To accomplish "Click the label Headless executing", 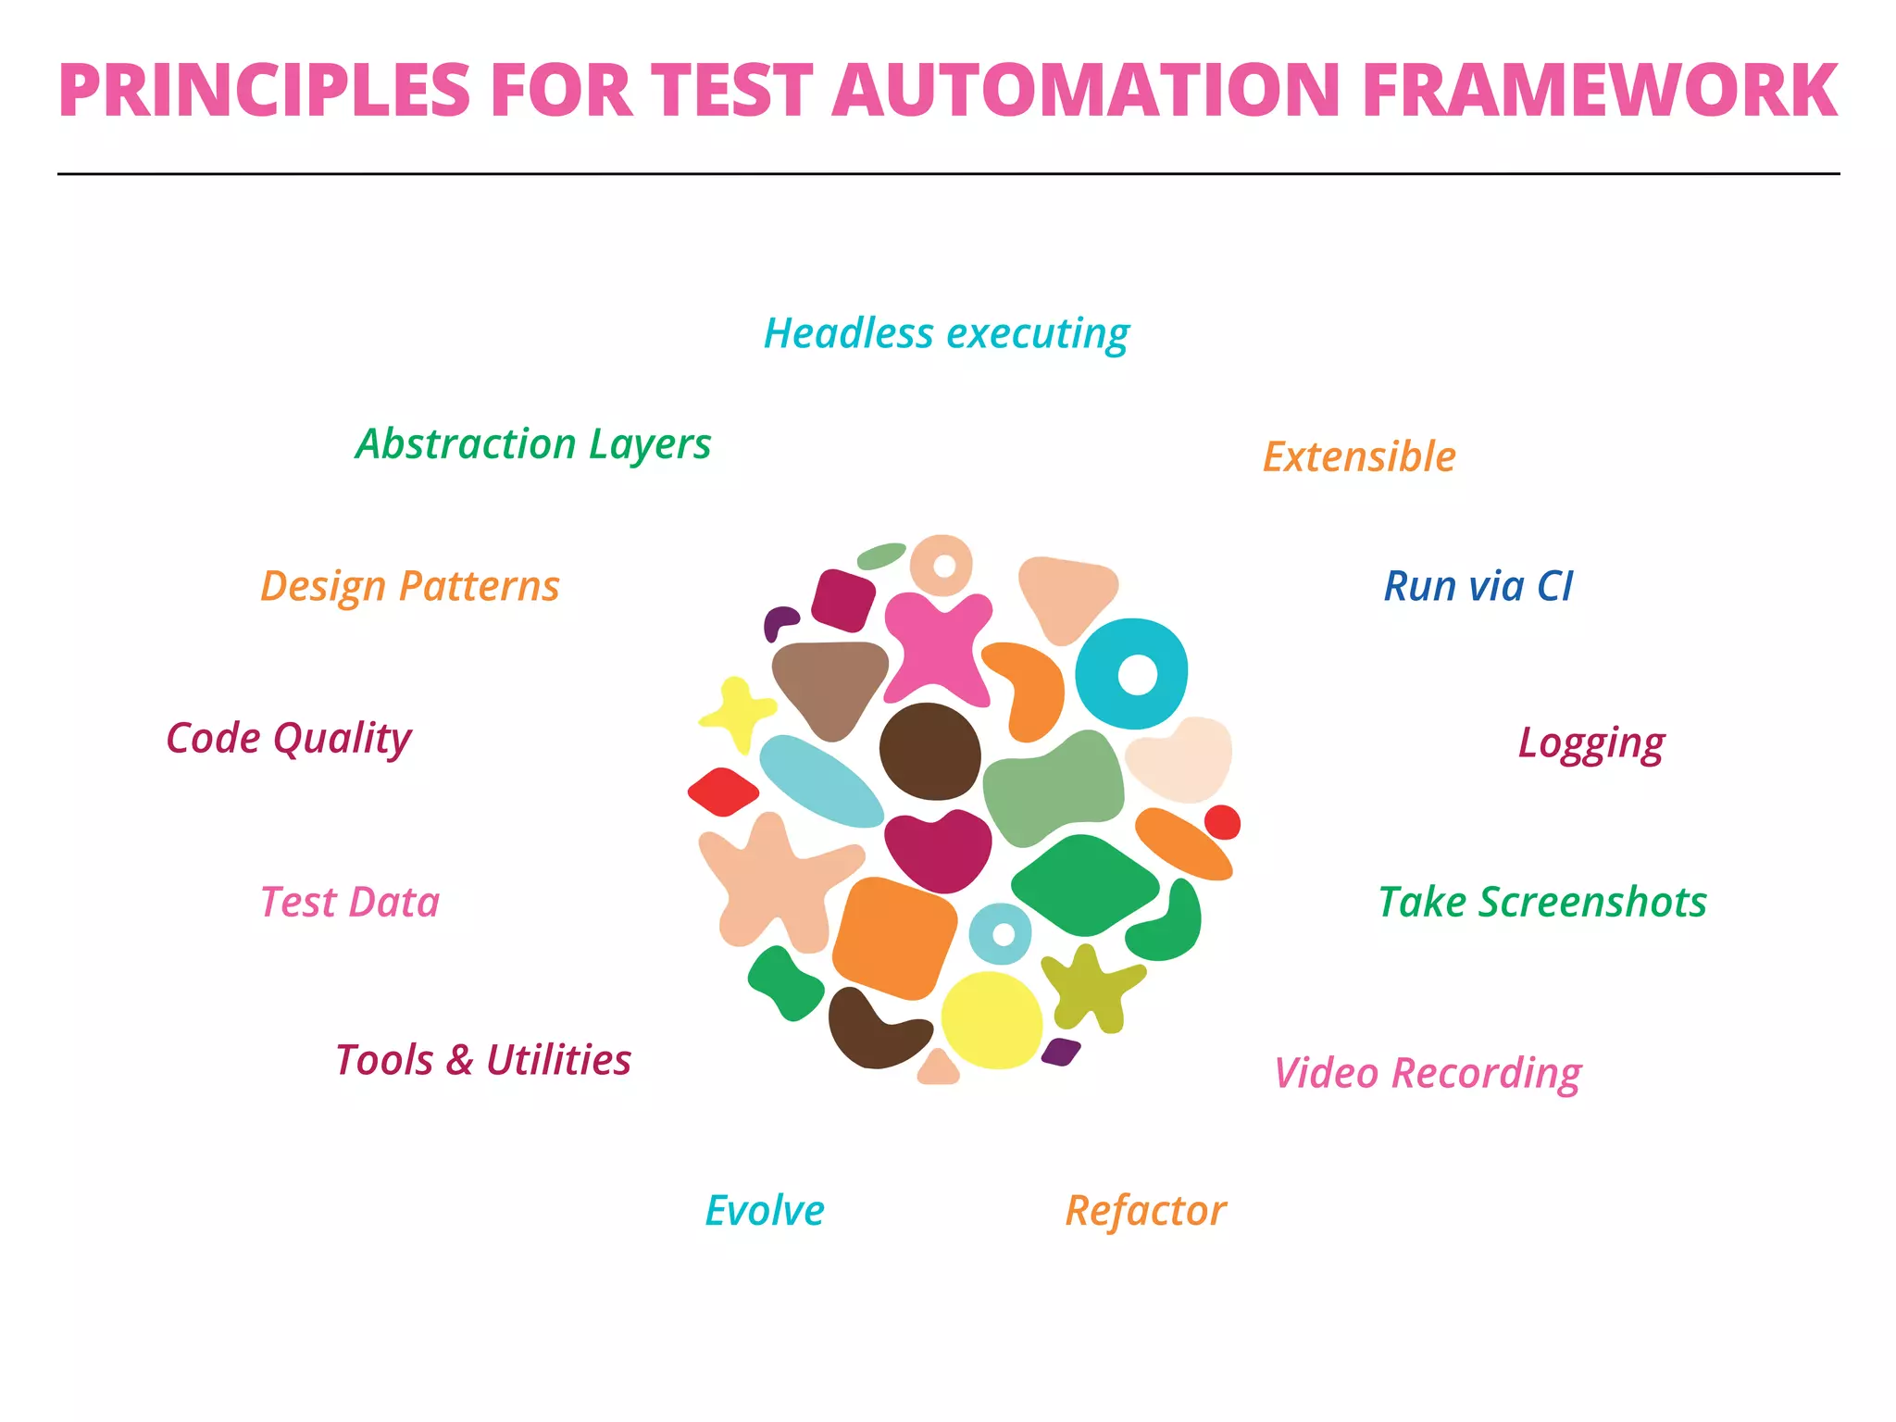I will tap(946, 334).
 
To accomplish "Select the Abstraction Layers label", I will tap(533, 444).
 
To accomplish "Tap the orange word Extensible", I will tap(1359, 457).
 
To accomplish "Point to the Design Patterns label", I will tap(410, 587).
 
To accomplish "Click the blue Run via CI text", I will tap(1478, 587).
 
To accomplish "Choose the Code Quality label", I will tap(289, 739).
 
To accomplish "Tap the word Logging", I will tap(1590, 743).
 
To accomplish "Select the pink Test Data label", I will tap(350, 903).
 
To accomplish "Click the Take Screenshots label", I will tap(1542, 903).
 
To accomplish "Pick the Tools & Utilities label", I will tap(483, 1060).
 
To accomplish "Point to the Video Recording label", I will tap(1428, 1074).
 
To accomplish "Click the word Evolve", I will tap(765, 1211).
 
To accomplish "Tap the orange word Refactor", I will tap(1146, 1211).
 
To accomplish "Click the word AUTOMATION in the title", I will tap(1087, 91).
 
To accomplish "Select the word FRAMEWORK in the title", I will tap(1600, 91).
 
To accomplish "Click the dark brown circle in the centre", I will tap(929, 751).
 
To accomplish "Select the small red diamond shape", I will tap(723, 792).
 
